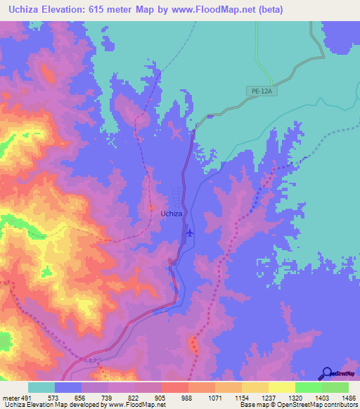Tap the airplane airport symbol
[x=189, y=233]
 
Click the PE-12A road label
[x=260, y=91]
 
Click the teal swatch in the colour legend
[x=41, y=387]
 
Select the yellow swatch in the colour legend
[x=281, y=387]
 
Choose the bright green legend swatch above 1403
[x=308, y=387]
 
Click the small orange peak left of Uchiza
[x=150, y=208]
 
